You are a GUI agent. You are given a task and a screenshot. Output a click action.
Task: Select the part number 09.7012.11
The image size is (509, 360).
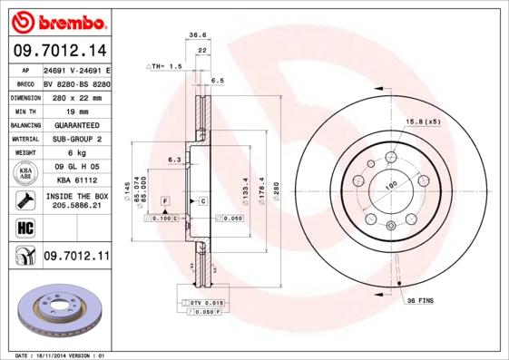tap(75, 257)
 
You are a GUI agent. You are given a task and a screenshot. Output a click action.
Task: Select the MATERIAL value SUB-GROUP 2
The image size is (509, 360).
tap(76, 139)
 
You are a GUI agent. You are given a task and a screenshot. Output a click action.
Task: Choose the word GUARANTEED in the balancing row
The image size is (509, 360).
tap(76, 125)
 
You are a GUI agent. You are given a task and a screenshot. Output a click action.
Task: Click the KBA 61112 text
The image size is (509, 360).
tap(76, 180)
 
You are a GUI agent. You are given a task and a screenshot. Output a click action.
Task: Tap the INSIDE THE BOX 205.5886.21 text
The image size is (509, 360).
tap(76, 201)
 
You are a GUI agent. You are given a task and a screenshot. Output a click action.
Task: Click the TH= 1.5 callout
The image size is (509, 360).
tap(168, 67)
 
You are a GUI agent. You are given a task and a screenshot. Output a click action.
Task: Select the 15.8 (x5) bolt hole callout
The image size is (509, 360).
tap(423, 121)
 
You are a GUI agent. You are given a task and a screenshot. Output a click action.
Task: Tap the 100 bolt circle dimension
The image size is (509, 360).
tap(392, 187)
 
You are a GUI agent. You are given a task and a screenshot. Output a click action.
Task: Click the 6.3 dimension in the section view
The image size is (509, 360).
tap(173, 160)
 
